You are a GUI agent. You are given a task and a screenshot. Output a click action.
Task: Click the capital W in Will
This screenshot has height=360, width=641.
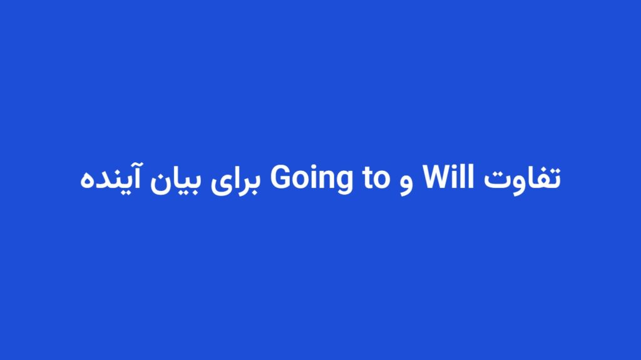(438, 178)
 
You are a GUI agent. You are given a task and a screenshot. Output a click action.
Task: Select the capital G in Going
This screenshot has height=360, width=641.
(280, 178)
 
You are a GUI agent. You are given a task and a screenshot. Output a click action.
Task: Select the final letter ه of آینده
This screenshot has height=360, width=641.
(87, 183)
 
